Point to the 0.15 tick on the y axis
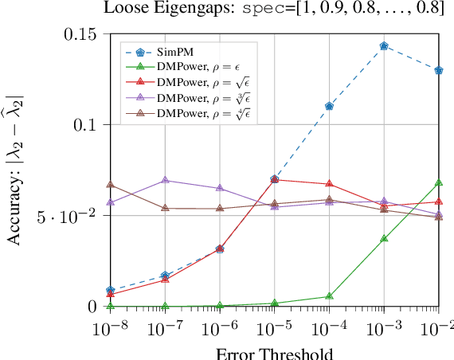coord(81,34)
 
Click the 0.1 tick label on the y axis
coord(86,125)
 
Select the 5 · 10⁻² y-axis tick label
coord(72,216)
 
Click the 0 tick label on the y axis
coord(93,307)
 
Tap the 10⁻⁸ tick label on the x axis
coord(110,328)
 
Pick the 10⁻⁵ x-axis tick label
coord(274,328)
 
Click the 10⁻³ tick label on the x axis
coord(384,328)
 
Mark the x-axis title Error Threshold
coord(274,352)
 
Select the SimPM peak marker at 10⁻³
coord(384,46)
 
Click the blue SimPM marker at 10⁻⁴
coord(329,106)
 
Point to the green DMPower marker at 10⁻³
coord(384,238)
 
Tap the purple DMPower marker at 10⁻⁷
coord(165,180)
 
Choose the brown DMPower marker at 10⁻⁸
coord(110,185)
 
